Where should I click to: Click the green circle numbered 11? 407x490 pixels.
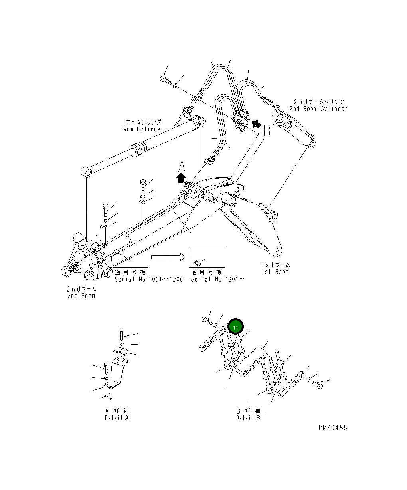coord(235,327)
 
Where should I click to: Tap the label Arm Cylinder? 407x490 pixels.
coord(143,129)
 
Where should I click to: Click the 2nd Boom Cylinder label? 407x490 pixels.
coord(318,109)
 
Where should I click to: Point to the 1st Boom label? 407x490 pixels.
coord(275,272)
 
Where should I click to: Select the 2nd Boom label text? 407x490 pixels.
coord(81,296)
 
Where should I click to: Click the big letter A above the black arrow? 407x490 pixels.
coord(182,165)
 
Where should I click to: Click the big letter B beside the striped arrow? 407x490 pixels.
coord(267,130)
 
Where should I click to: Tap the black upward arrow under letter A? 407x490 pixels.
coord(181,177)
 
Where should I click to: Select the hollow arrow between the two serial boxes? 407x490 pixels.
coord(168,257)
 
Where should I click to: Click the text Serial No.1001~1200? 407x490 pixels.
coord(148,279)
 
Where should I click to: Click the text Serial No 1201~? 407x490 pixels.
coord(217,279)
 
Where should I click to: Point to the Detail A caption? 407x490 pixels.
coord(117,418)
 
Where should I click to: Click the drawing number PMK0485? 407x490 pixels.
coord(333,427)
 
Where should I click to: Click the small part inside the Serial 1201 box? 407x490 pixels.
coord(196,262)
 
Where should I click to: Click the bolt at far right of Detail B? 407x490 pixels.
coord(318,385)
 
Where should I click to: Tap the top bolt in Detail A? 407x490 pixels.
coord(122,334)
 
